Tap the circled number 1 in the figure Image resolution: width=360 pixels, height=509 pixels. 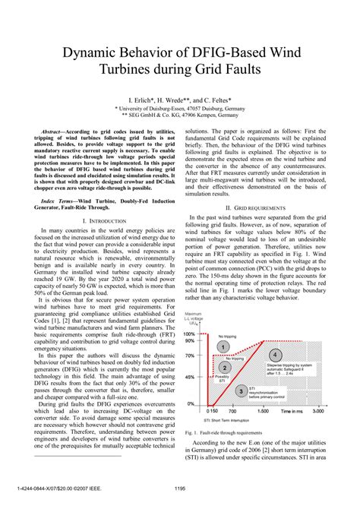point(223,346)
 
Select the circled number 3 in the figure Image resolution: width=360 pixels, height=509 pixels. point(240,390)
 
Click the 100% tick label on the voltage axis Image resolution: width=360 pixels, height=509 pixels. point(190,334)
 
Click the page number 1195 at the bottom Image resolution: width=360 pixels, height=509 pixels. point(180,488)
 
